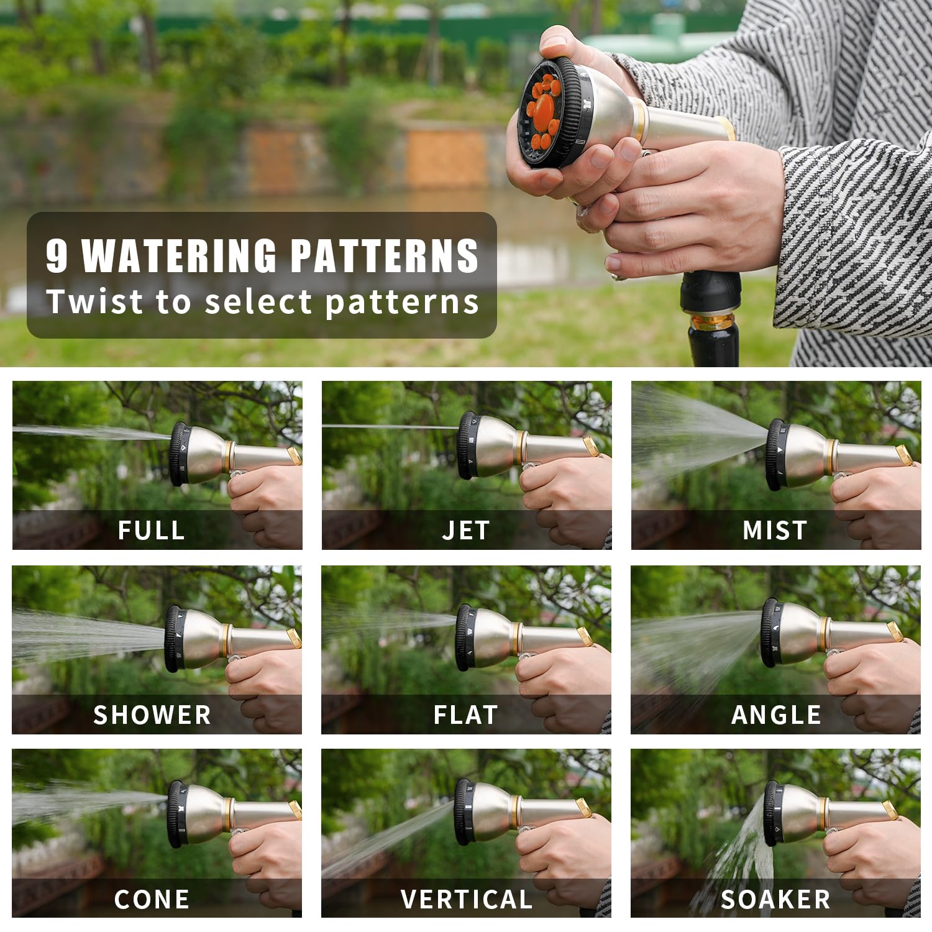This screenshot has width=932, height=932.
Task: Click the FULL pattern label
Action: [152, 530]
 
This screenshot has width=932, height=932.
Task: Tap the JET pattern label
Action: [466, 530]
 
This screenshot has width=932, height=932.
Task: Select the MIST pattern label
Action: [775, 530]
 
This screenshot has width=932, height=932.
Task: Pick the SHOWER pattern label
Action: [152, 715]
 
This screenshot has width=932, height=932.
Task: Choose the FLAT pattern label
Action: [466, 715]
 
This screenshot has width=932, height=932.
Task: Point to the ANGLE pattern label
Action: [776, 715]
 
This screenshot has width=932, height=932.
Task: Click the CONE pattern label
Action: [152, 899]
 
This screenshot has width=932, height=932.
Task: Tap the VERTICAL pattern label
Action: [467, 899]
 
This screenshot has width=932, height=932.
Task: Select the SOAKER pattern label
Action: [775, 899]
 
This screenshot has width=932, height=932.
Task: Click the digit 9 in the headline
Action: [57, 255]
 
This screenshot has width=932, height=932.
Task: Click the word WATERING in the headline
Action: [179, 255]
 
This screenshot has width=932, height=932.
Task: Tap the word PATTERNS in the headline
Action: [385, 255]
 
